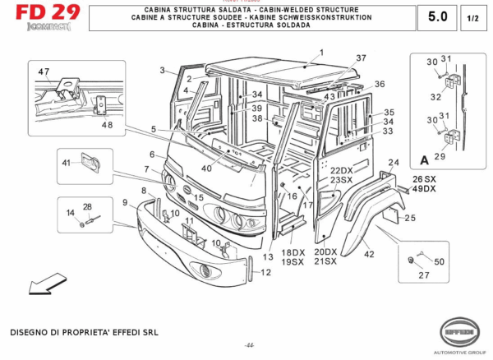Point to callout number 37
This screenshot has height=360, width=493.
click(360, 58)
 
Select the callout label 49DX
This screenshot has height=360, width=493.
click(425, 189)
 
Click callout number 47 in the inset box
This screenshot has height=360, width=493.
click(43, 72)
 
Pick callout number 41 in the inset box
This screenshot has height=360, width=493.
click(67, 163)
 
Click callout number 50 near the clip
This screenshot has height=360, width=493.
click(439, 261)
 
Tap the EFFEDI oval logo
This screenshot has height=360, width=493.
click(458, 331)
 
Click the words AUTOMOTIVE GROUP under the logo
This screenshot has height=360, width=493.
click(458, 350)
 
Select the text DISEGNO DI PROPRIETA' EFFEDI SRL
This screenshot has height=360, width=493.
click(82, 333)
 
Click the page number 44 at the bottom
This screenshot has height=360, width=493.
click(249, 344)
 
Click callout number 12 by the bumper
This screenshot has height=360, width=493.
click(265, 272)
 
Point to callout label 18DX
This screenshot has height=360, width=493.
click(293, 252)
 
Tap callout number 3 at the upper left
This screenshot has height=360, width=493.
click(163, 70)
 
